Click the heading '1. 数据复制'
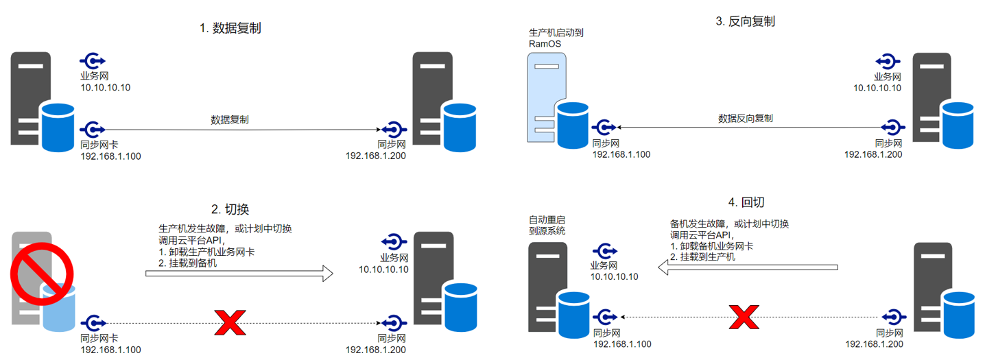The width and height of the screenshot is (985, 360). coord(230,29)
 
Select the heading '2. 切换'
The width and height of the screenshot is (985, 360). coord(230,208)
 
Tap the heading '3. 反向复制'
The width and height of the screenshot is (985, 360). coord(745,21)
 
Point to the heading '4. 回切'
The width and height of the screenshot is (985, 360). coord(745,202)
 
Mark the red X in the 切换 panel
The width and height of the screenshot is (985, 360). coord(230,322)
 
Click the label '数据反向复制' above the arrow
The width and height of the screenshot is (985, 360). coord(745,118)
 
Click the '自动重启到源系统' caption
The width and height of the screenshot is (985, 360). coord(547,226)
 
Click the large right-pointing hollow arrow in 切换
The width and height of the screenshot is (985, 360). coord(239,274)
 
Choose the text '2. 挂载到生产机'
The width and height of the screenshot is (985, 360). coord(702,257)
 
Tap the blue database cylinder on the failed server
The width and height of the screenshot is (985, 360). coord(58,307)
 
